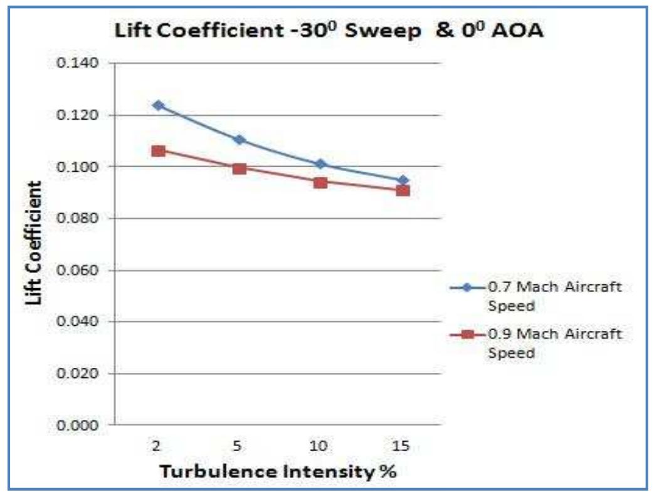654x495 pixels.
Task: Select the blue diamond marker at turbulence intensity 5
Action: (239, 139)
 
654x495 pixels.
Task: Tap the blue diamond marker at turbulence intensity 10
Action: (320, 164)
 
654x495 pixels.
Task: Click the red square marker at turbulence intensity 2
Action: (158, 151)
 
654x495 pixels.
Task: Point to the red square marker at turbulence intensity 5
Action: (239, 169)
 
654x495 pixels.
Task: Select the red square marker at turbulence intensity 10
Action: (320, 183)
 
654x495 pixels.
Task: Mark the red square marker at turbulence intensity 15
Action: (402, 190)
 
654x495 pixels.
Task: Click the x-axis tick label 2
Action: (156, 446)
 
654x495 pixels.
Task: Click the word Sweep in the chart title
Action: (361, 33)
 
